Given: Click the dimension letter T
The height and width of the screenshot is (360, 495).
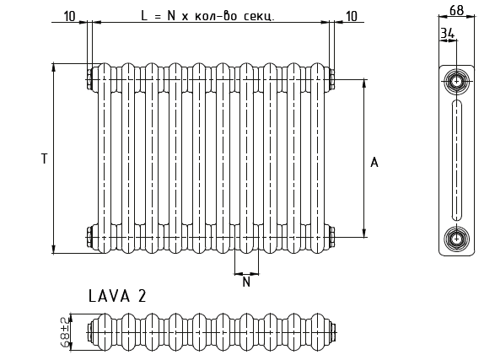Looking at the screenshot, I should pos(44,159).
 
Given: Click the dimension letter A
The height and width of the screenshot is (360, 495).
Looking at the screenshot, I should pos(374,162).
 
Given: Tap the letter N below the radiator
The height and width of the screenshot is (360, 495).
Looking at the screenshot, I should pos(246,283).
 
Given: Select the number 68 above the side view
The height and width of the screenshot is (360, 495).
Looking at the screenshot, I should pos(455,11).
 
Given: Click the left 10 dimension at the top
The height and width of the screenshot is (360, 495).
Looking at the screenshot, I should pos(69,16).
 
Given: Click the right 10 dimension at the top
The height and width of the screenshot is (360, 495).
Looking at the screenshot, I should pos(351,16).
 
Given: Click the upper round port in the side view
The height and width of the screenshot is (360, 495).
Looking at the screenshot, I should pos(456,82).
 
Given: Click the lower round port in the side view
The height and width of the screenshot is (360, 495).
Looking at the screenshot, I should pos(456,237).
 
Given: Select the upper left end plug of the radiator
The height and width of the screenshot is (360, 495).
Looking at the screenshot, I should pos(89,78).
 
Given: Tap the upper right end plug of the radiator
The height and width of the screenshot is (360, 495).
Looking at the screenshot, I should pos(331,78).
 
